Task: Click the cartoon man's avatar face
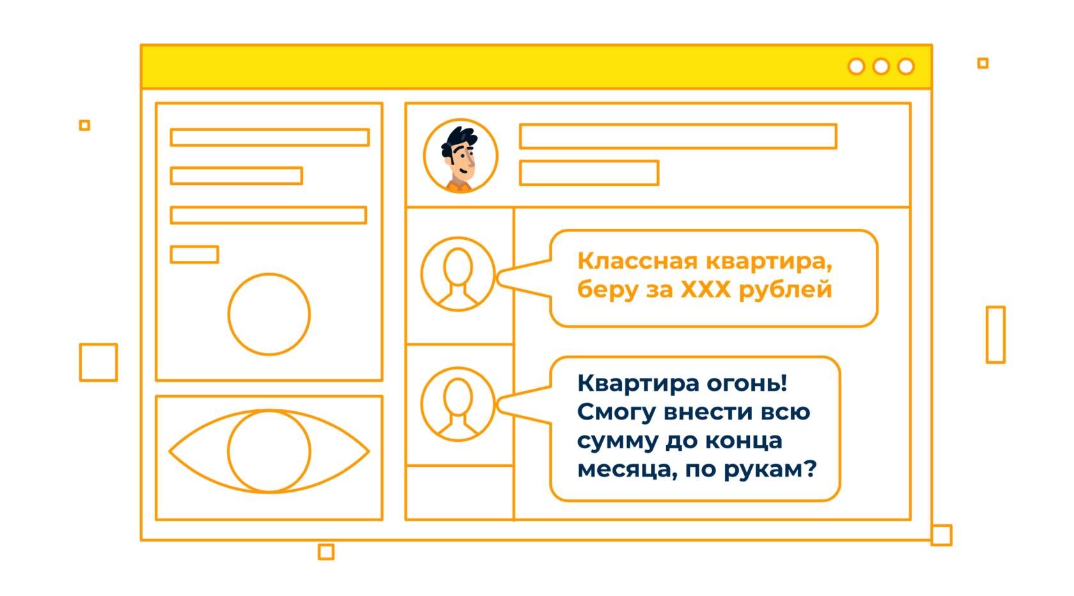(x=460, y=157)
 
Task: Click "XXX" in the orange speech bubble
(x=705, y=290)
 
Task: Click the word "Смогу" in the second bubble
(x=616, y=412)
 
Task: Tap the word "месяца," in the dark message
(x=626, y=469)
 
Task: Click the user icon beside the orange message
(x=458, y=274)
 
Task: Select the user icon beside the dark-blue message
(x=458, y=404)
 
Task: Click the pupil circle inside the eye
(x=269, y=451)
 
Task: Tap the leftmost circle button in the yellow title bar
(x=856, y=67)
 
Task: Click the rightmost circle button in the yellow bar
(x=906, y=67)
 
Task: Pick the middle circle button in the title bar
(x=881, y=67)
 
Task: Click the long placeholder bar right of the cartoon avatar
(x=678, y=136)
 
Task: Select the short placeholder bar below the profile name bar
(x=589, y=173)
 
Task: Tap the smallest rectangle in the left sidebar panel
(x=194, y=255)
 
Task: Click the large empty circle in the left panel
(x=269, y=314)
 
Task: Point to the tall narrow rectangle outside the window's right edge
(x=995, y=334)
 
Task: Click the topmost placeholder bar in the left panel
(x=269, y=137)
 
